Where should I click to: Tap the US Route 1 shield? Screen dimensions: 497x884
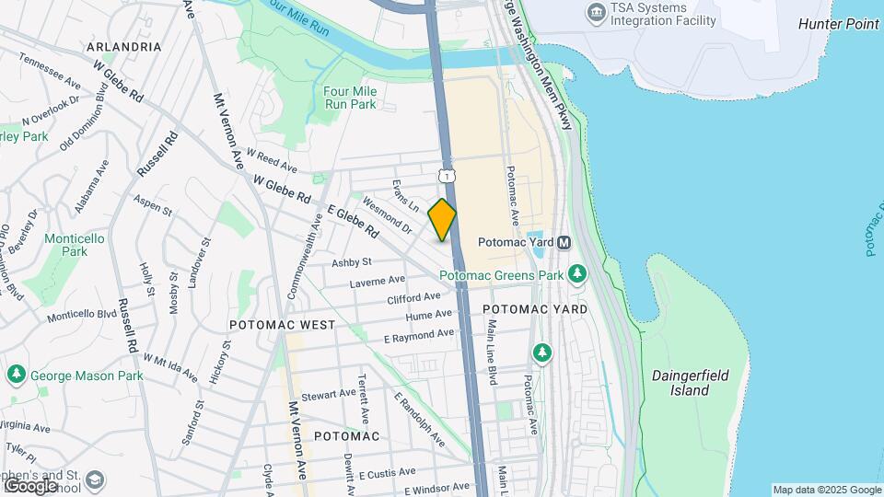tap(447, 175)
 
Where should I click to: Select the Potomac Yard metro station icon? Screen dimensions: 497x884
tap(564, 242)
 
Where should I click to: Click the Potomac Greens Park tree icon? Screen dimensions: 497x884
tap(577, 273)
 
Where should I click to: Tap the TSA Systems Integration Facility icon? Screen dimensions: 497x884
tap(595, 13)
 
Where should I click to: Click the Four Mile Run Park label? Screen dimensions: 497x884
tap(350, 98)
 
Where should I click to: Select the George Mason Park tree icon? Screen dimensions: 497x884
tap(15, 375)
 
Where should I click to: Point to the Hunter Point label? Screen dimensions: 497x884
tap(838, 24)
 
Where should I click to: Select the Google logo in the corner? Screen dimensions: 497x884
tap(29, 485)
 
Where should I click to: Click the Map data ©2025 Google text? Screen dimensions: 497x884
tap(826, 490)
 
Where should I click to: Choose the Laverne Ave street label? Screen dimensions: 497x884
tap(378, 281)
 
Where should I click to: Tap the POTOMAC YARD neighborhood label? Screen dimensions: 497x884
tap(535, 309)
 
